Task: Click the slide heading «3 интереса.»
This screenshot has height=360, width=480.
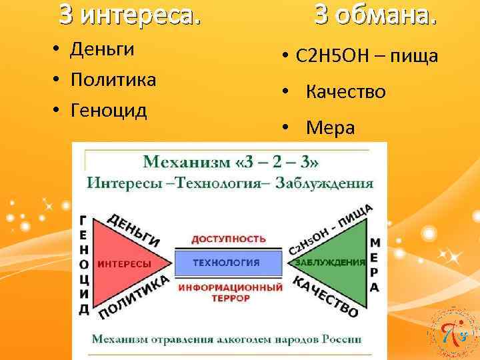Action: [x=129, y=15]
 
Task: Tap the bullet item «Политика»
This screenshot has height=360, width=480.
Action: [x=113, y=80]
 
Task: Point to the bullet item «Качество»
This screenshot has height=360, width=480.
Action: [x=345, y=92]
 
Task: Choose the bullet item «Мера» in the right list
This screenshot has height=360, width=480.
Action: [x=330, y=128]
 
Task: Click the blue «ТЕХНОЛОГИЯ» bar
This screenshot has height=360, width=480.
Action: [x=227, y=263]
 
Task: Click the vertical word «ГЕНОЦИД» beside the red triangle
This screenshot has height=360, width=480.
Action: [x=83, y=265]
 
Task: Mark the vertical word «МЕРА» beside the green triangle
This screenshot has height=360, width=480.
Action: [x=375, y=265]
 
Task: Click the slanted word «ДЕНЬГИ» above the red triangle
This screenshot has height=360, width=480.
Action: [x=133, y=230]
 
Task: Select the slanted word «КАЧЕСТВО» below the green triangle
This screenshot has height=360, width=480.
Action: [x=326, y=297]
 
